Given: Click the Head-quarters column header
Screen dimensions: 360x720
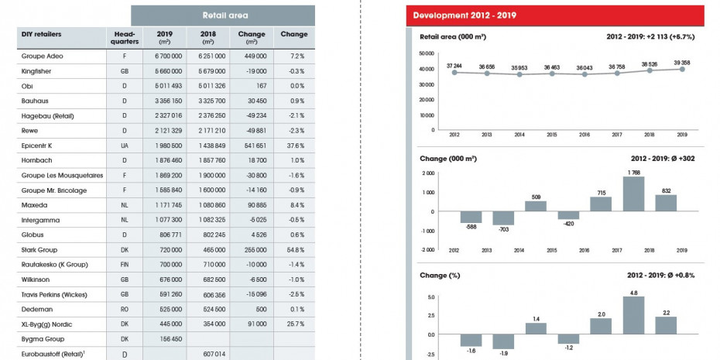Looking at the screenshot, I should (x=124, y=38).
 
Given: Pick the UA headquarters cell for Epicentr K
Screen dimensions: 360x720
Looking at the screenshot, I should (x=124, y=145).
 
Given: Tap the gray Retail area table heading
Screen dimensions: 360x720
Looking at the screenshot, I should (x=223, y=15).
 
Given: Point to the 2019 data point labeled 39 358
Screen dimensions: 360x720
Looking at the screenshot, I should (x=681, y=69).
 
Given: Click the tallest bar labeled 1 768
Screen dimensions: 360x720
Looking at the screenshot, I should (x=633, y=194).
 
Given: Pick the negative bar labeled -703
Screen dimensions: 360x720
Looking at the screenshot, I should (x=503, y=218).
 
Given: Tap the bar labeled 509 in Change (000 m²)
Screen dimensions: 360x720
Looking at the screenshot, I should (x=536, y=207).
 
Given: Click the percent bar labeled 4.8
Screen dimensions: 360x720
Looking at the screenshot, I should (x=633, y=314).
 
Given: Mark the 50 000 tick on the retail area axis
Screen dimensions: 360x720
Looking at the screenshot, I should (x=424, y=53).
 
